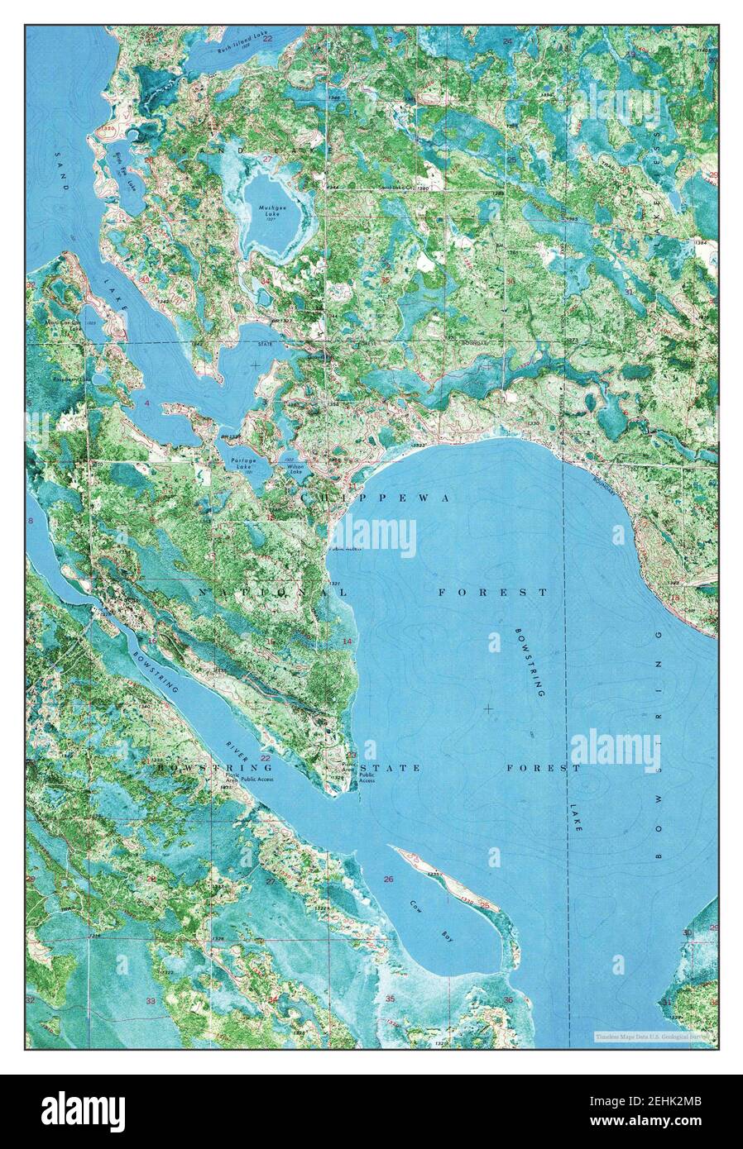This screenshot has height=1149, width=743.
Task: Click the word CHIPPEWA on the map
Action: [x=377, y=498]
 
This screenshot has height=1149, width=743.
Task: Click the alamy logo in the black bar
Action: [x=83, y=1111]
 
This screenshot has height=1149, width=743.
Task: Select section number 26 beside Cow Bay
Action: [x=388, y=879]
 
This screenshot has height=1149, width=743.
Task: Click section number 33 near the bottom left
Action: [x=151, y=1001]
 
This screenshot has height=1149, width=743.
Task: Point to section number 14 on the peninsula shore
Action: [x=348, y=641]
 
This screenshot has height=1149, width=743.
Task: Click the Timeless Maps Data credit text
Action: [x=654, y=1035]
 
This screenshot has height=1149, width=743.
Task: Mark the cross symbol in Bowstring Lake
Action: [x=488, y=708]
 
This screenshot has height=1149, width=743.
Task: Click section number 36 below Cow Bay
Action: [x=507, y=1000]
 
